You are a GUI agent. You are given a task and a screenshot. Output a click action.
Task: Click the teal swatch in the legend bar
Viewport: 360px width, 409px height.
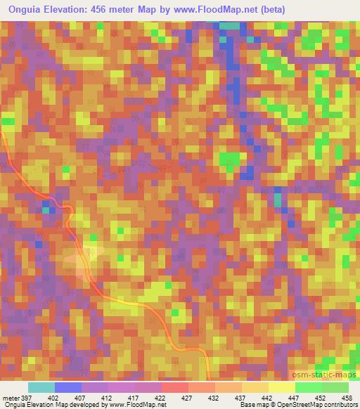(41, 387)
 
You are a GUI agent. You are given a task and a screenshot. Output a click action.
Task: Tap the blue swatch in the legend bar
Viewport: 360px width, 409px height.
(68, 387)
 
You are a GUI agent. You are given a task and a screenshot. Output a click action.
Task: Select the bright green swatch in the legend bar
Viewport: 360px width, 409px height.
(308, 387)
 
